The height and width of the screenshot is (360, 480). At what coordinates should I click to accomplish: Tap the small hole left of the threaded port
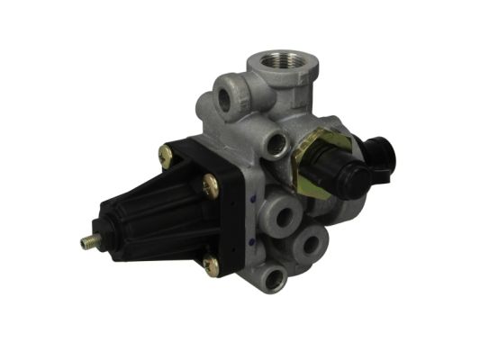(x=223, y=97)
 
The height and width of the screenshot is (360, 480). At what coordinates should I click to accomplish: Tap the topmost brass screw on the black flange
(x=167, y=154)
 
